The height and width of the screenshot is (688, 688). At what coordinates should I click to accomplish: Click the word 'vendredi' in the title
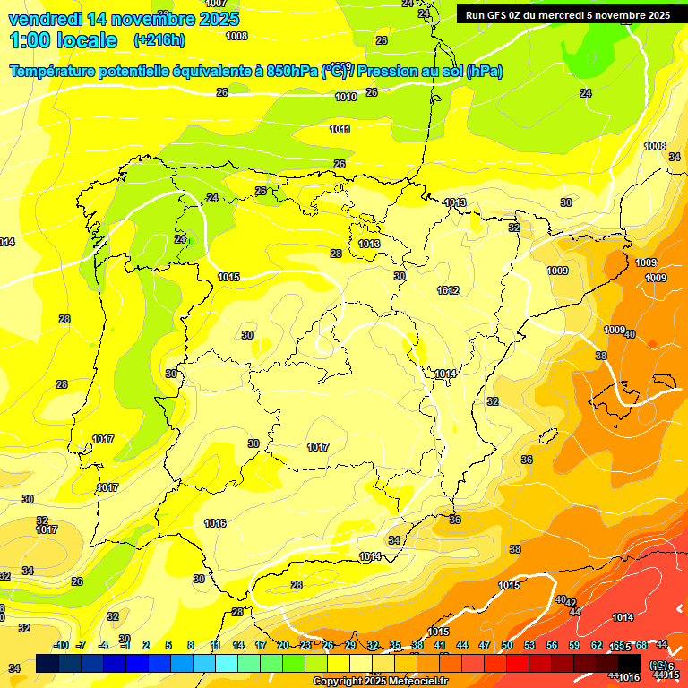click(49, 19)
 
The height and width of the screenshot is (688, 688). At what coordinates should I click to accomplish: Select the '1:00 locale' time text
click(63, 40)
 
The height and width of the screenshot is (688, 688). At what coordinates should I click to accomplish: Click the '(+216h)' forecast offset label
click(159, 40)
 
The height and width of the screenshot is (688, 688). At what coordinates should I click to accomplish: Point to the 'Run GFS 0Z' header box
click(567, 14)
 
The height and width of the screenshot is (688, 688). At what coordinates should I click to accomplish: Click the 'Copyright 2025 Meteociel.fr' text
click(380, 681)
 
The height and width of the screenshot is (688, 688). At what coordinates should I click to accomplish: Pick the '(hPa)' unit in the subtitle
click(484, 72)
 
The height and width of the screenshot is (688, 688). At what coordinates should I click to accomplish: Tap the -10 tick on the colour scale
click(61, 645)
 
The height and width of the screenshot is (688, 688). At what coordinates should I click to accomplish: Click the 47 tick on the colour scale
click(485, 645)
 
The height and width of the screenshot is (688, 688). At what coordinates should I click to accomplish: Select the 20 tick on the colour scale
click(283, 645)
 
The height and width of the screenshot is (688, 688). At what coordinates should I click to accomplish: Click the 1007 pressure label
click(216, 4)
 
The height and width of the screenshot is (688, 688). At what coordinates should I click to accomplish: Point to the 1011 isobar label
click(340, 129)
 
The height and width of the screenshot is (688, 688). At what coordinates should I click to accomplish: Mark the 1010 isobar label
click(346, 97)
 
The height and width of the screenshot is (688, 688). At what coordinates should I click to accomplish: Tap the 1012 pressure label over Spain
click(448, 290)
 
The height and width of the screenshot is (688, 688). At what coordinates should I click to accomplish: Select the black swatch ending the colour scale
click(630, 664)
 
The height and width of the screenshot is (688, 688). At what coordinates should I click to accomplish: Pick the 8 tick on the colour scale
click(191, 645)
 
